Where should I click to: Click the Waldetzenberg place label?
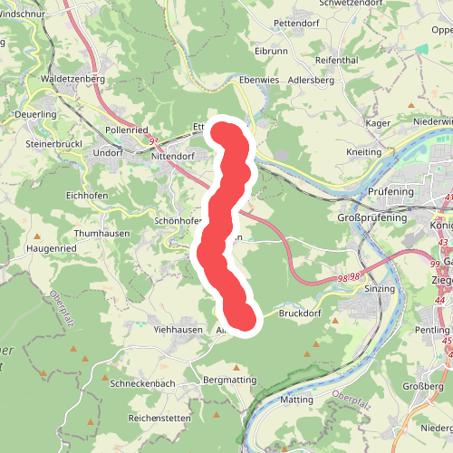point(68,79)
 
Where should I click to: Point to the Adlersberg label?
point(310,80)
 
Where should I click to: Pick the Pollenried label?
point(126,130)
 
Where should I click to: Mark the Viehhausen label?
point(177,330)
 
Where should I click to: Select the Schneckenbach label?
point(141,383)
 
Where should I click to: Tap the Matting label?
point(297,400)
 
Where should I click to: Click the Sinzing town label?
point(379,288)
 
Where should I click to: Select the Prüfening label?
point(390,192)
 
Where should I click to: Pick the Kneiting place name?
point(364,152)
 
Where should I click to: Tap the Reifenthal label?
point(337,59)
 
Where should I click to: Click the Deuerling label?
point(36,114)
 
